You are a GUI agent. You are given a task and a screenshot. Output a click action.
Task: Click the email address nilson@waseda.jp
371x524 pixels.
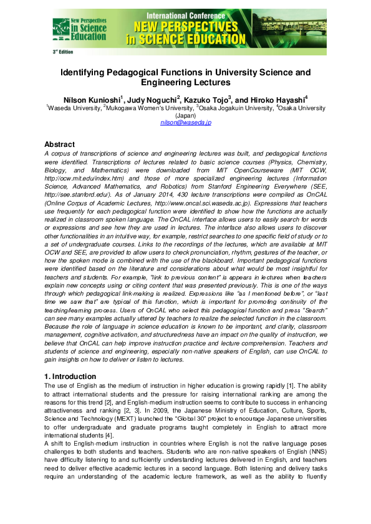[x=186, y=123]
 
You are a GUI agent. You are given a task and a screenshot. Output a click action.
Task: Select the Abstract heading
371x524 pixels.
[x=64, y=144]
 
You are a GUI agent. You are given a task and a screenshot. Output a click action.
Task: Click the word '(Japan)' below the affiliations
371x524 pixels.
[x=186, y=116]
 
